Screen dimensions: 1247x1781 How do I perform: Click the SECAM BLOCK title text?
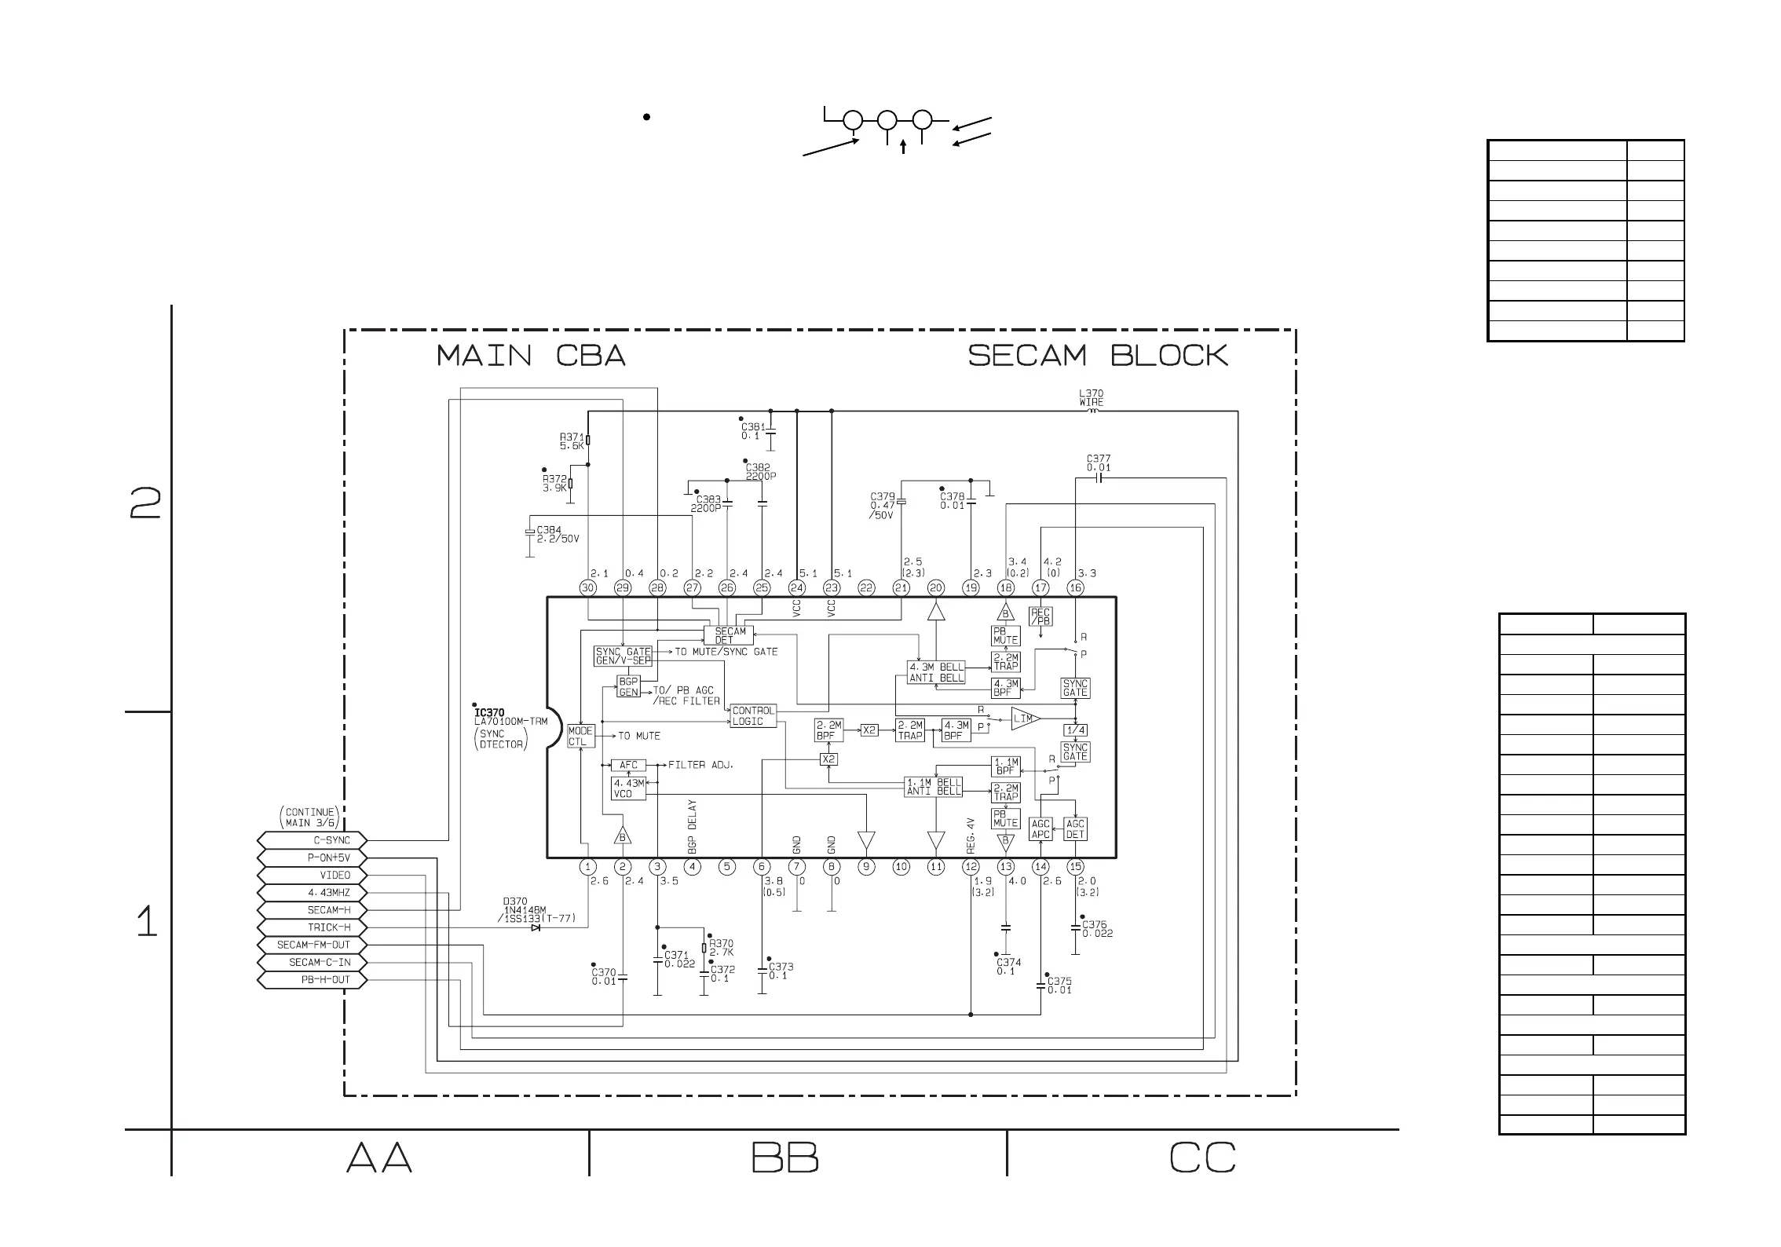(1098, 356)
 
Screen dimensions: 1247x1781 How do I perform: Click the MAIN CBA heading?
(531, 356)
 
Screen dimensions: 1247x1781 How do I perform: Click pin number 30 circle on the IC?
(587, 587)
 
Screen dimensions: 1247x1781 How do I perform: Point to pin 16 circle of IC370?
(1075, 587)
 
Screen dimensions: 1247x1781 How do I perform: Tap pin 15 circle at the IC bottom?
(1075, 867)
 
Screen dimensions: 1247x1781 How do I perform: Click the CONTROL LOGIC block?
(752, 715)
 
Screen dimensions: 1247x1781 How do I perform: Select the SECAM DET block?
(730, 635)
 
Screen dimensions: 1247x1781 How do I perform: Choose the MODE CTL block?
(580, 737)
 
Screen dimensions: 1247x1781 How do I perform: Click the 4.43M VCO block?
(628, 788)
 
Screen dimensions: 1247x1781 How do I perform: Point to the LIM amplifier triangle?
(1024, 719)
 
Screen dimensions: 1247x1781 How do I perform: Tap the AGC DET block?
(1075, 829)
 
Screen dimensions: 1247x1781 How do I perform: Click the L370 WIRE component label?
(1091, 398)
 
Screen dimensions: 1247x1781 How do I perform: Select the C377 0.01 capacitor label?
(1098, 463)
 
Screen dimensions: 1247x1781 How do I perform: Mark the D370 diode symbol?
(536, 927)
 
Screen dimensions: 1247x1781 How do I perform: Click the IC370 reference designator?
(489, 713)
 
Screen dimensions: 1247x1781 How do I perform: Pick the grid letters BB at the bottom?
(784, 1157)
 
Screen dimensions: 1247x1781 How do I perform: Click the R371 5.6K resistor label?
(572, 441)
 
